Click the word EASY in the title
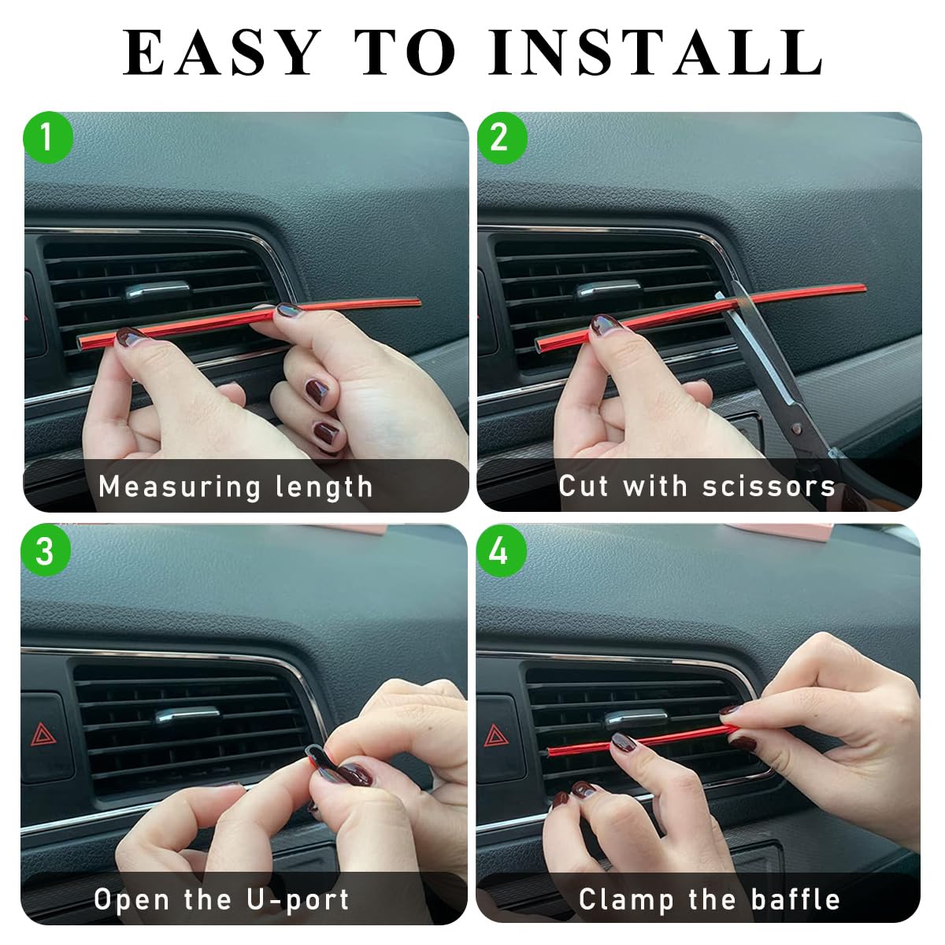tap(220, 52)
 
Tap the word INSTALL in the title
tap(655, 52)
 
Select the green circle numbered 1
tap(47, 138)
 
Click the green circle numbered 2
tap(502, 138)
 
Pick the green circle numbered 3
tap(46, 550)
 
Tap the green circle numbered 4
tap(501, 551)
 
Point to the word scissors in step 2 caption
tap(768, 486)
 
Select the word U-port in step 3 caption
tap(298, 899)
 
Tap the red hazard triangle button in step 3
tap(44, 736)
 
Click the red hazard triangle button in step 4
tap(496, 736)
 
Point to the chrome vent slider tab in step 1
tap(157, 291)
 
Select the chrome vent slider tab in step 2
tap(609, 289)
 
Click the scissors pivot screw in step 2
tap(796, 428)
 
